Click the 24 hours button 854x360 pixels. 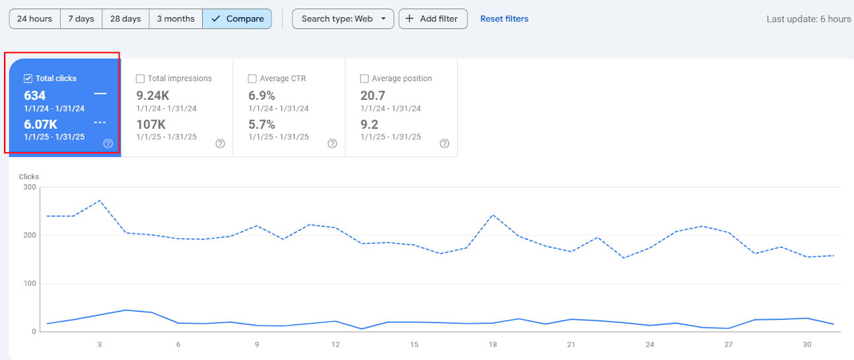[35, 18]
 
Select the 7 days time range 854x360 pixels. [81, 18]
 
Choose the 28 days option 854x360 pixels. [125, 18]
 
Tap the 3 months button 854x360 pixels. [176, 18]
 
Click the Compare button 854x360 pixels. [237, 18]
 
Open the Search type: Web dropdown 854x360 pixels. [343, 18]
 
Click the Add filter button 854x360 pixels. [433, 18]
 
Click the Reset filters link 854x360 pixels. [504, 18]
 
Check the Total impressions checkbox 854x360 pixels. [140, 79]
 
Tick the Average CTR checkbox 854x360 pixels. [252, 79]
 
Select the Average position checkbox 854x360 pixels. [364, 79]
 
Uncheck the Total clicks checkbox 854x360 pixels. [28, 79]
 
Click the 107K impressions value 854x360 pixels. [151, 124]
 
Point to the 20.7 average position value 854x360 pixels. [373, 95]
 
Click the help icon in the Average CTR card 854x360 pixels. [332, 143]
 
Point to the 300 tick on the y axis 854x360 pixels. [30, 187]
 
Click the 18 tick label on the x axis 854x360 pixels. [493, 344]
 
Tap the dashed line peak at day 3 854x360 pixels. [100, 201]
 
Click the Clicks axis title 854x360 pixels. [29, 176]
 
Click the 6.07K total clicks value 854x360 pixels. [41, 124]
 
